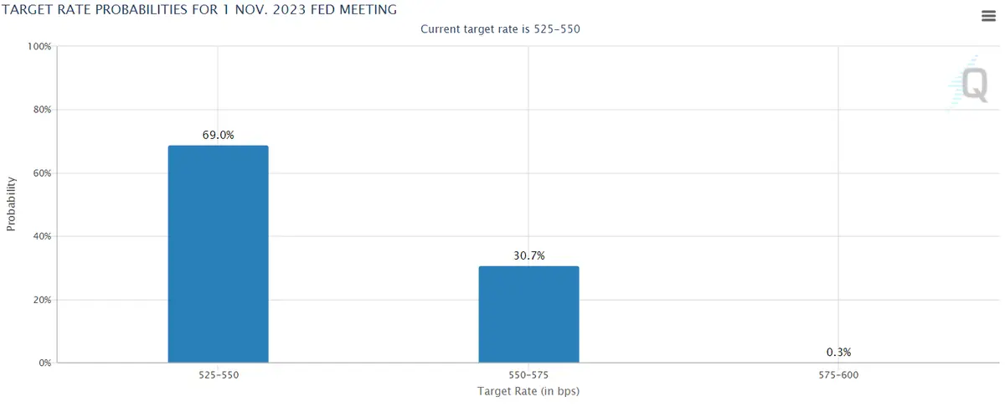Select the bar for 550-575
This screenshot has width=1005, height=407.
click(x=528, y=314)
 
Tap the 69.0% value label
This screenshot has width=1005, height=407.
click(x=218, y=134)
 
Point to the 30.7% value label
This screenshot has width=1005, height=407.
click(x=528, y=255)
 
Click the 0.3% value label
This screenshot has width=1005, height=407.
click(x=838, y=352)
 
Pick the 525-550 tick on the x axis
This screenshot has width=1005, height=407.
click(x=218, y=375)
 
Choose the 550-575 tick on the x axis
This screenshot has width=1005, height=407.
click(x=528, y=375)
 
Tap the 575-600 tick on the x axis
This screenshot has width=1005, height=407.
click(x=838, y=375)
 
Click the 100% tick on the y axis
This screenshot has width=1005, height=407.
click(x=39, y=46)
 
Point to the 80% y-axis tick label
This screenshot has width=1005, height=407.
click(x=42, y=110)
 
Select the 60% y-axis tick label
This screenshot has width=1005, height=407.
click(x=42, y=173)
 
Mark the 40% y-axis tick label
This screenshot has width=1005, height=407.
click(x=42, y=236)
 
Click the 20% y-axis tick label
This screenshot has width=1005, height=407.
click(x=42, y=300)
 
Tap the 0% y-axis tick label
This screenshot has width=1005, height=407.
click(x=44, y=363)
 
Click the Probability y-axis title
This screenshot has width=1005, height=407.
click(x=12, y=203)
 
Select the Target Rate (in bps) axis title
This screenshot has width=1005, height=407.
click(x=528, y=391)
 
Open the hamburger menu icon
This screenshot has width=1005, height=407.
click(x=987, y=16)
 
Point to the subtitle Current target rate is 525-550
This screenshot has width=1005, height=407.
click(x=500, y=29)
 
